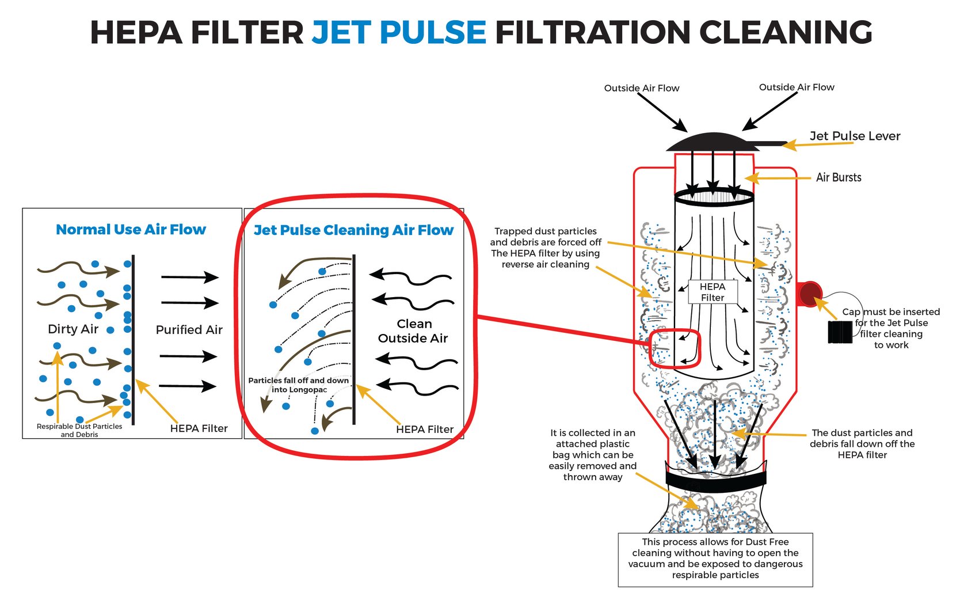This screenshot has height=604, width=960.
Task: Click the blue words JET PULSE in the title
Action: tap(399, 32)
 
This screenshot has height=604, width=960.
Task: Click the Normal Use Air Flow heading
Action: tap(131, 230)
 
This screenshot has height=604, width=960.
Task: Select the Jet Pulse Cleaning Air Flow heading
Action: tap(353, 230)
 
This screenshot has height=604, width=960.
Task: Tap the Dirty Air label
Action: tap(73, 329)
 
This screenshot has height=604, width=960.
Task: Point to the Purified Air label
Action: tap(189, 330)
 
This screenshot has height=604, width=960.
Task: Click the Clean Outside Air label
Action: tap(413, 331)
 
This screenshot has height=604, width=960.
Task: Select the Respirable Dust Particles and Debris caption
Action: tap(79, 430)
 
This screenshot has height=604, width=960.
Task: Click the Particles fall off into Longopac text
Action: tap(299, 385)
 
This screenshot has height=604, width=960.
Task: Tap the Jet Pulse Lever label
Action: tap(855, 136)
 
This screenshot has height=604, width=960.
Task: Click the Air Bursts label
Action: tap(839, 177)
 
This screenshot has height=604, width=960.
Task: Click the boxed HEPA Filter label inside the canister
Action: tap(713, 292)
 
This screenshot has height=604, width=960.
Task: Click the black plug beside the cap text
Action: tap(840, 332)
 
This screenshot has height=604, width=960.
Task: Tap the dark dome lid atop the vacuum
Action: tap(713, 142)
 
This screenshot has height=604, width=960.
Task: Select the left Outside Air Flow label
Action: tap(642, 88)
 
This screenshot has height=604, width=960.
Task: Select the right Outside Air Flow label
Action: tap(797, 87)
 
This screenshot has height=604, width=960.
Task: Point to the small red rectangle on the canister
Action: tap(675, 349)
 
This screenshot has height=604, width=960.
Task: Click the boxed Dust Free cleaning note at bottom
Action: tap(715, 559)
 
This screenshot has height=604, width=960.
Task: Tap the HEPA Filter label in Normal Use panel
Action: tap(199, 428)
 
